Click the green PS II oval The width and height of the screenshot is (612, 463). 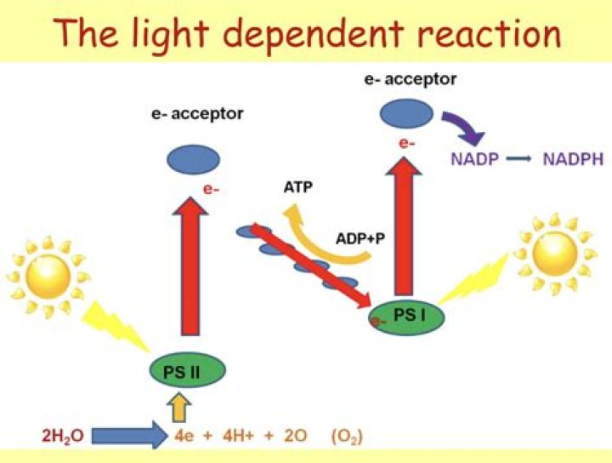pyautogui.click(x=187, y=370)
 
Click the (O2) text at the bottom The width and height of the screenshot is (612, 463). pyautogui.click(x=347, y=437)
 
